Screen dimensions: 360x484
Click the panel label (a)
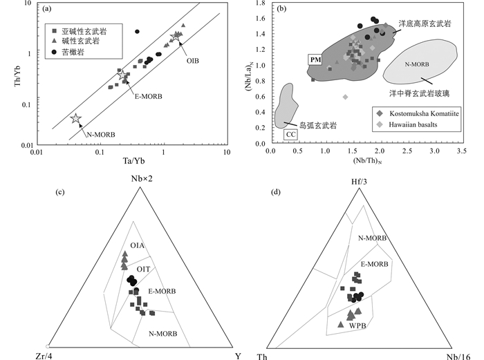click(x=48, y=10)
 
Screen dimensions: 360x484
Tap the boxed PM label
click(x=315, y=60)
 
